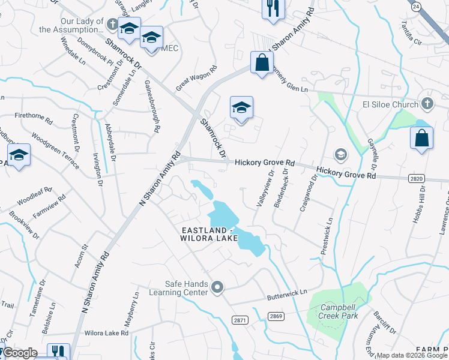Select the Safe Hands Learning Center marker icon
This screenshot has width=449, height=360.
(x=217, y=289)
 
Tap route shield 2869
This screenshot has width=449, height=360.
(x=276, y=316)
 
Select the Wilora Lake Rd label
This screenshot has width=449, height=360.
(x=107, y=332)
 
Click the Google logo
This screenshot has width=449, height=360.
(x=19, y=353)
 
